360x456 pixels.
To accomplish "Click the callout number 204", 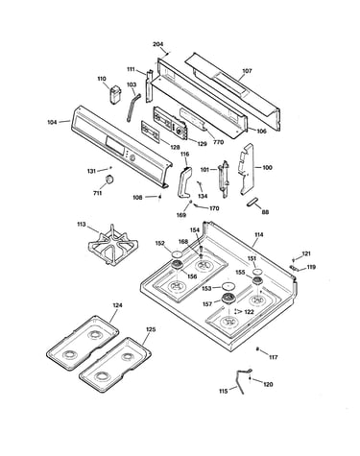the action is (x=157, y=44).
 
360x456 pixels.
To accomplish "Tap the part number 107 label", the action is (x=247, y=71).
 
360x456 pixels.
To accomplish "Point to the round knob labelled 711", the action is (x=109, y=180).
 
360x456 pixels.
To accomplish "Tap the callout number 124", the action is (x=117, y=305).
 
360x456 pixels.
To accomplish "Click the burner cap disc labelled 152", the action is (x=177, y=254).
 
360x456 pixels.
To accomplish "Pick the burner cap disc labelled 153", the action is (x=228, y=286).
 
